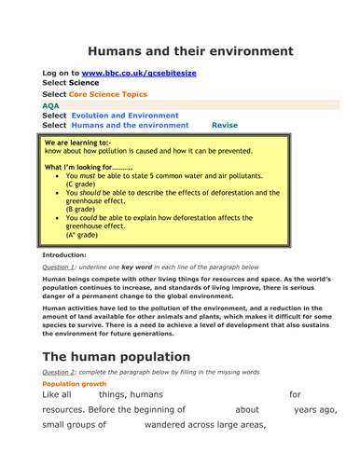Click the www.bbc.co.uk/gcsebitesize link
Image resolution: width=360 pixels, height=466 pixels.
[151, 73]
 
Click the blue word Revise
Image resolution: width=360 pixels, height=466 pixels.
[225, 124]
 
